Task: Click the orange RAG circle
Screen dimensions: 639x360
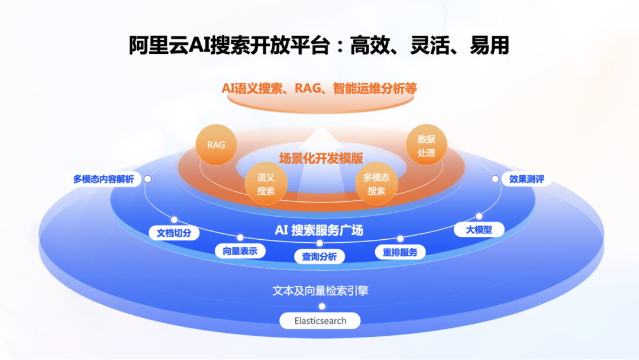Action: pyautogui.click(x=216, y=144)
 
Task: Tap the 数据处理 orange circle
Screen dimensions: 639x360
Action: pyautogui.click(x=426, y=145)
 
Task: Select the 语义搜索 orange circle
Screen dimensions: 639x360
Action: pyautogui.click(x=266, y=184)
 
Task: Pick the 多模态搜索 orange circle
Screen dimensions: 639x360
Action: pyautogui.click(x=376, y=184)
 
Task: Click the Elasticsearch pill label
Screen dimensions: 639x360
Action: pyautogui.click(x=320, y=321)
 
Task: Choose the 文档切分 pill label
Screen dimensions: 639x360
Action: pyautogui.click(x=174, y=233)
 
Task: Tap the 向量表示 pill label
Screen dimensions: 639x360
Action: pyautogui.click(x=240, y=251)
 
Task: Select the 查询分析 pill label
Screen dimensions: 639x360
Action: pyautogui.click(x=319, y=256)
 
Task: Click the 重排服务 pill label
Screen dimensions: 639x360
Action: pyautogui.click(x=400, y=252)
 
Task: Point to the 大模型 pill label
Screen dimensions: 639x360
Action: pyautogui.click(x=479, y=230)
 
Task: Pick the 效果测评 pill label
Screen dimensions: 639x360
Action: pyautogui.click(x=527, y=179)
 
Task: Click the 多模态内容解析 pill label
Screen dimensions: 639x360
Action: pyautogui.click(x=104, y=179)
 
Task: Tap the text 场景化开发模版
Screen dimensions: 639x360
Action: pyautogui.click(x=321, y=158)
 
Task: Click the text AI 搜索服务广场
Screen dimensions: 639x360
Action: pyautogui.click(x=319, y=230)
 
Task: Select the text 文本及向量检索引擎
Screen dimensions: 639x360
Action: pyautogui.click(x=320, y=291)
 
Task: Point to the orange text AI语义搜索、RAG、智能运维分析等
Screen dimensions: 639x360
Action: pyautogui.click(x=319, y=88)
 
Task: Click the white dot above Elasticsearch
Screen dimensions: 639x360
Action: pyautogui.click(x=322, y=306)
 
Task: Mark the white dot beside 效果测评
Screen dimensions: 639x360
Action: pyautogui.click(x=495, y=179)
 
